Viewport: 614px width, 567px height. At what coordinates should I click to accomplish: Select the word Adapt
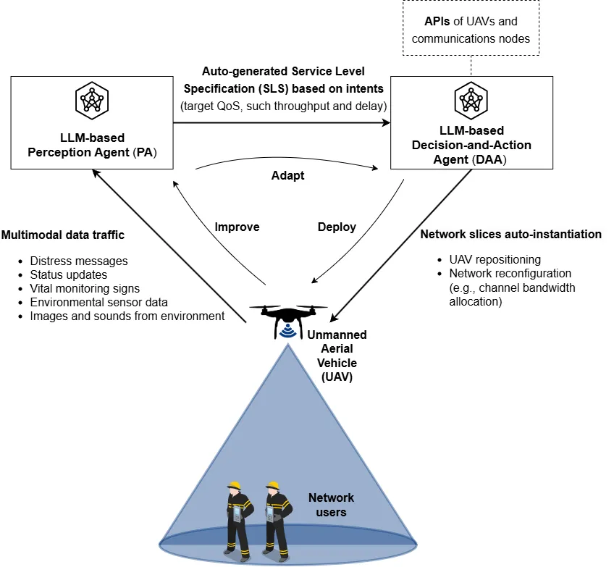click(287, 176)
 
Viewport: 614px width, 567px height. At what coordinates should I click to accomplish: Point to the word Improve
click(237, 227)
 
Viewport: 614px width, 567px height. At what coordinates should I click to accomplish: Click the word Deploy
click(337, 227)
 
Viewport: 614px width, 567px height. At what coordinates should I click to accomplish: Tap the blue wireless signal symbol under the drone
click(290, 330)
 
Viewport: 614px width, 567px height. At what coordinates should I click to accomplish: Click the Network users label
click(331, 505)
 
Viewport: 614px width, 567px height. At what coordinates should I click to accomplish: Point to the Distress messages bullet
click(79, 261)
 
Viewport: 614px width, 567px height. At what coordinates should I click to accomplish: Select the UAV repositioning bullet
click(495, 259)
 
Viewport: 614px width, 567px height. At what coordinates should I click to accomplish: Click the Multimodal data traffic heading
click(63, 235)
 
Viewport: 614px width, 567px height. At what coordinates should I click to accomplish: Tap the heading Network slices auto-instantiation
click(510, 235)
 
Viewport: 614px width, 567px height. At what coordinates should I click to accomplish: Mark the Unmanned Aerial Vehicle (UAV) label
click(337, 356)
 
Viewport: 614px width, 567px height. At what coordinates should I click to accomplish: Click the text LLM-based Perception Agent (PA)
click(91, 145)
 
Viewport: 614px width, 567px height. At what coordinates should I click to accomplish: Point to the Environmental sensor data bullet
click(98, 302)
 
